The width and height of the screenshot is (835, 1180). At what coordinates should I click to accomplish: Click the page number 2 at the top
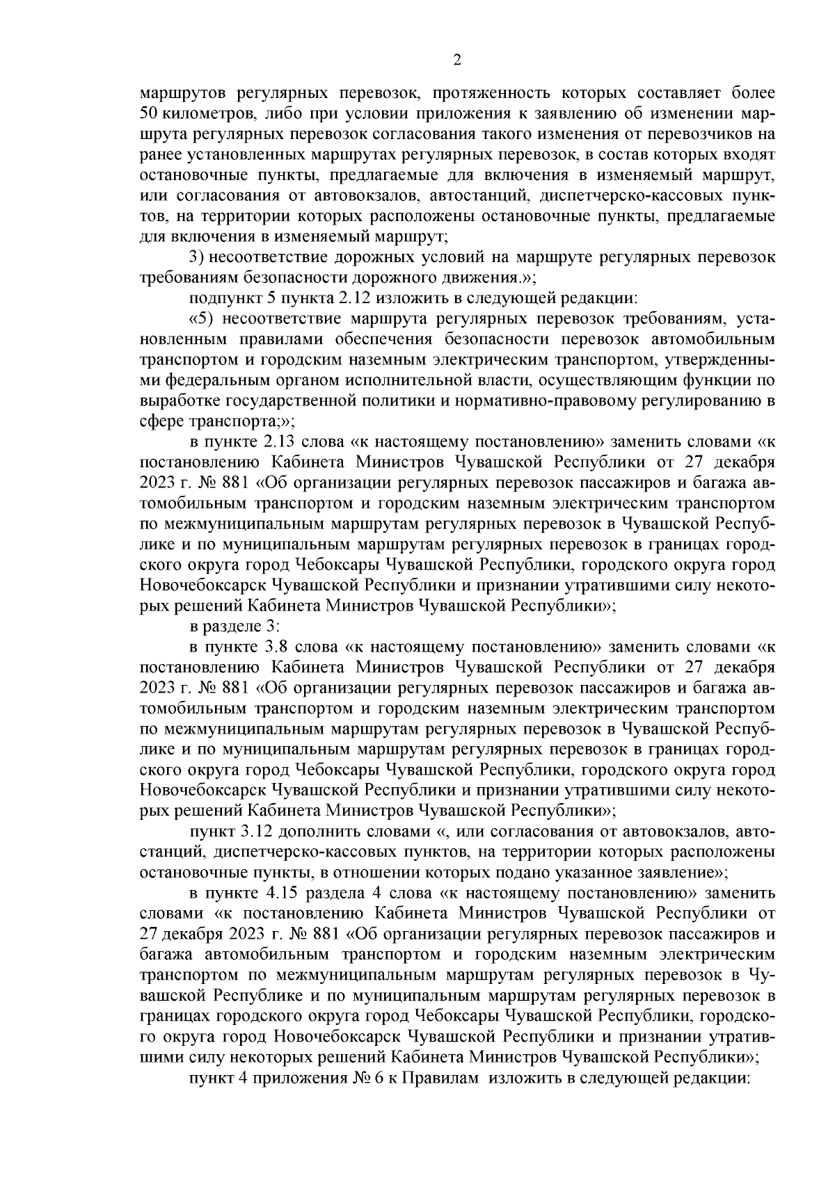pyautogui.click(x=456, y=60)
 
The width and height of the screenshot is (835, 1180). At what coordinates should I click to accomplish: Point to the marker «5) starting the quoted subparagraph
pyautogui.click(x=202, y=320)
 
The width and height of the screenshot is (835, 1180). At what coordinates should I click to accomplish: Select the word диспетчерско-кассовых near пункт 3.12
pyautogui.click(x=292, y=851)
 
